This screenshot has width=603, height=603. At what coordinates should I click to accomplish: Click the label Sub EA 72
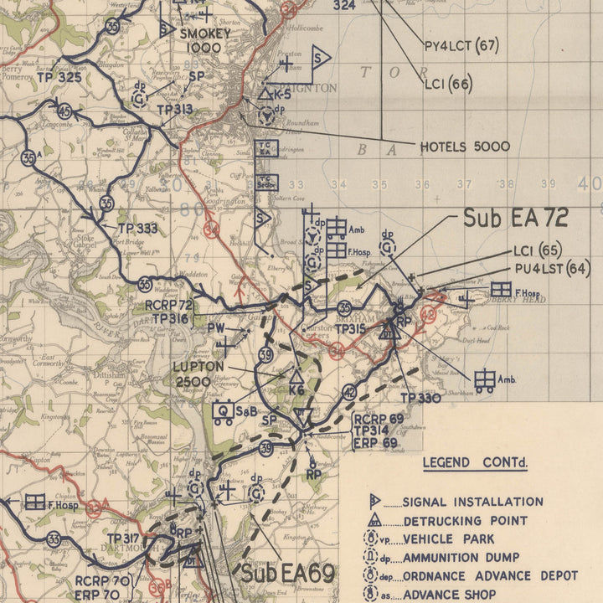pyautogui.click(x=516, y=219)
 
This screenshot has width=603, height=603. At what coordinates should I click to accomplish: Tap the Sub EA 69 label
pyautogui.click(x=288, y=574)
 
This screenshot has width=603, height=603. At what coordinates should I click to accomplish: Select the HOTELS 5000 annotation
pyautogui.click(x=465, y=147)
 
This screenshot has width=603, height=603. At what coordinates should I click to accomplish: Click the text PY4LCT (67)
pyautogui.click(x=461, y=46)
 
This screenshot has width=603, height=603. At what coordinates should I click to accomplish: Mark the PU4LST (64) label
pyautogui.click(x=552, y=269)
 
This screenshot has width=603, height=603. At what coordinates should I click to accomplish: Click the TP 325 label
pyautogui.click(x=59, y=77)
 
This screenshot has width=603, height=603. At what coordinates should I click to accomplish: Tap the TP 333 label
pyautogui.click(x=137, y=228)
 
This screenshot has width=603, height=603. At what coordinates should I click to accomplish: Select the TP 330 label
pyautogui.click(x=420, y=398)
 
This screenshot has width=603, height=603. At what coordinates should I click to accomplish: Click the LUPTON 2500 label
pyautogui.click(x=198, y=374)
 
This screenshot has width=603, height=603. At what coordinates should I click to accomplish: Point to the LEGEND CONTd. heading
pyautogui.click(x=475, y=462)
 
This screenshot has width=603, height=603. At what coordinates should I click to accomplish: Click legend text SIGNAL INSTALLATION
pyautogui.click(x=472, y=502)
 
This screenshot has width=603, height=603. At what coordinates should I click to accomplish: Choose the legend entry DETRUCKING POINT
pyautogui.click(x=465, y=521)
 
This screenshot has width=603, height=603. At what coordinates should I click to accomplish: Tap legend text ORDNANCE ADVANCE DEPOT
pyautogui.click(x=490, y=576)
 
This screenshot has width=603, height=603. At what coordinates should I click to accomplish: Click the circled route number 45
pyautogui.click(x=64, y=110)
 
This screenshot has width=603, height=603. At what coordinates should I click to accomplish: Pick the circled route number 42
pyautogui.click(x=349, y=392)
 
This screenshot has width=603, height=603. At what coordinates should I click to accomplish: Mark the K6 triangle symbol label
pyautogui.click(x=296, y=390)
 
